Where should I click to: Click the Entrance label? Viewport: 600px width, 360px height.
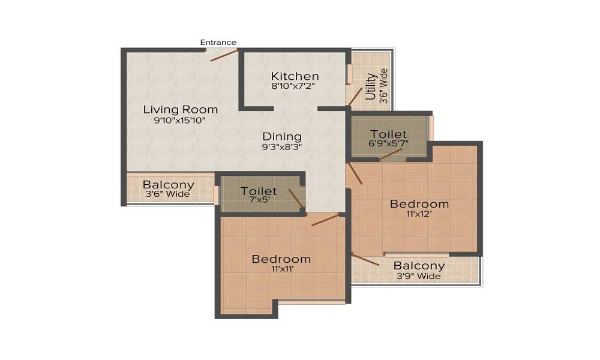pyautogui.click(x=218, y=42)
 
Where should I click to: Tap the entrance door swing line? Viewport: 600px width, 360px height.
pyautogui.click(x=224, y=55)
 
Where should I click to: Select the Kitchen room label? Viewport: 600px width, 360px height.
pyautogui.click(x=295, y=76)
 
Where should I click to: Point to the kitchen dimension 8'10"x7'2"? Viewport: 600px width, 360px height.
pyautogui.click(x=293, y=86)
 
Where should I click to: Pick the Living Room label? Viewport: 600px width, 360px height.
pyautogui.click(x=180, y=110)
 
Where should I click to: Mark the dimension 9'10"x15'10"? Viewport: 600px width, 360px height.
pyautogui.click(x=180, y=119)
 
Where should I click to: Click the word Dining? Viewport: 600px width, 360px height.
pyautogui.click(x=282, y=137)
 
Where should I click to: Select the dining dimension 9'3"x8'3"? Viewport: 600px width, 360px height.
pyautogui.click(x=282, y=146)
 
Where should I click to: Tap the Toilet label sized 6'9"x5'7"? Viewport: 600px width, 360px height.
pyautogui.click(x=389, y=134)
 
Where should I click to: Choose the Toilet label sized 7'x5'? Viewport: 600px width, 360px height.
pyautogui.click(x=259, y=191)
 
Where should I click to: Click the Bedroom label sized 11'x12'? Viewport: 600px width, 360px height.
pyautogui.click(x=419, y=204)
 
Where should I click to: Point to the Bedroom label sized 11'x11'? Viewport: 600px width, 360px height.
pyautogui.click(x=281, y=259)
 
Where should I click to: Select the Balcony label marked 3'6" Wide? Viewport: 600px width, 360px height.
pyautogui.click(x=168, y=185)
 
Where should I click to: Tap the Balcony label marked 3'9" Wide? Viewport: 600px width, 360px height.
pyautogui.click(x=419, y=265)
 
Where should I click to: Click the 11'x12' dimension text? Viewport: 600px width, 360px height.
pyautogui.click(x=419, y=214)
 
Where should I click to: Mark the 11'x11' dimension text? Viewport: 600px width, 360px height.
pyautogui.click(x=281, y=269)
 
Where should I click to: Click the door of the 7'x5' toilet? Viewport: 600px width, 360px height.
pyautogui.click(x=296, y=199)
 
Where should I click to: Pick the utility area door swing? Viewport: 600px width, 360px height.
pyautogui.click(x=356, y=97)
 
